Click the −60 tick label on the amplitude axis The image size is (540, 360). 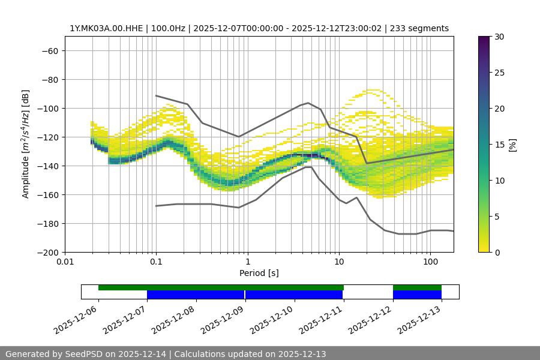coord(49,50)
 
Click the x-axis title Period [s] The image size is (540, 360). coord(259,273)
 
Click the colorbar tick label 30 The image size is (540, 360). coord(499,37)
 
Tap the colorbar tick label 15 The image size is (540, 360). coord(499,145)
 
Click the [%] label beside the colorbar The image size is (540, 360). coord(512,145)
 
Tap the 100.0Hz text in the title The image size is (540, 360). coord(172,28)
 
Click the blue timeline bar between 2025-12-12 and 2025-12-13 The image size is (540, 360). coord(417,295)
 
